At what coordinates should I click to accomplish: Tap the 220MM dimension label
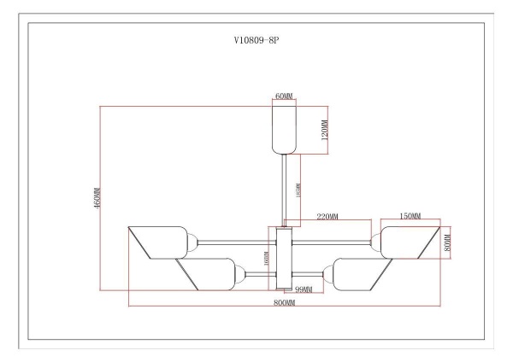tap(327, 217)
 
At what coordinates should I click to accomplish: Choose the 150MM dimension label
tap(410, 217)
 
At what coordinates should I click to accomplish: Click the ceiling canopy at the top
tap(284, 128)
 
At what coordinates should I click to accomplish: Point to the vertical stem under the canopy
tap(285, 190)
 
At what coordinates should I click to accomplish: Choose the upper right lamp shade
tap(410, 242)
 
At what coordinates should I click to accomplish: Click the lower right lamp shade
tap(359, 274)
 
